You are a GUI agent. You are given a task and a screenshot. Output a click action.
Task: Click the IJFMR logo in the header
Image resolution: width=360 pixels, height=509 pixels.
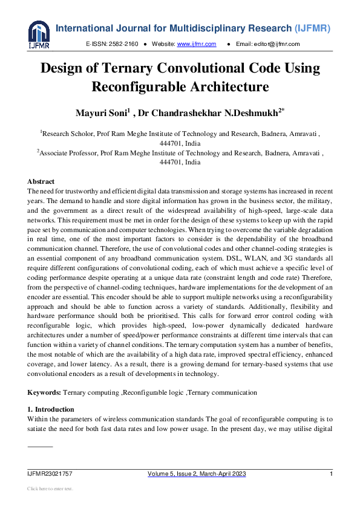tap(38, 34)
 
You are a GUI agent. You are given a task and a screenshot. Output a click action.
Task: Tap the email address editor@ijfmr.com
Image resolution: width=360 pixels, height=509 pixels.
tap(276, 44)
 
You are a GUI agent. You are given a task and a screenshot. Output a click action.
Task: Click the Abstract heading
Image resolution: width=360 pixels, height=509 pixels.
tap(41, 181)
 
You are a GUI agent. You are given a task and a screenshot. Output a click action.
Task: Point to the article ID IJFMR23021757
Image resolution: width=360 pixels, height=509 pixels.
tap(50, 474)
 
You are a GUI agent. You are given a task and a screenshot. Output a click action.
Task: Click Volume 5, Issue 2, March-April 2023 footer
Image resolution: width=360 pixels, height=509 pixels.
tap(197, 474)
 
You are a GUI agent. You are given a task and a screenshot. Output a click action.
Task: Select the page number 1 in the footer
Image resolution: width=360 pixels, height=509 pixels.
tap(331, 474)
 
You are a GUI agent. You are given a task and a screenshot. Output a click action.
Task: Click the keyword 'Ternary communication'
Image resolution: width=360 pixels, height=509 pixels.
tap(222, 392)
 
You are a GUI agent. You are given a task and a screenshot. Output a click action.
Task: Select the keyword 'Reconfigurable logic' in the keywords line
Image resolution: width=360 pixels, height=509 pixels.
tap(152, 392)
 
